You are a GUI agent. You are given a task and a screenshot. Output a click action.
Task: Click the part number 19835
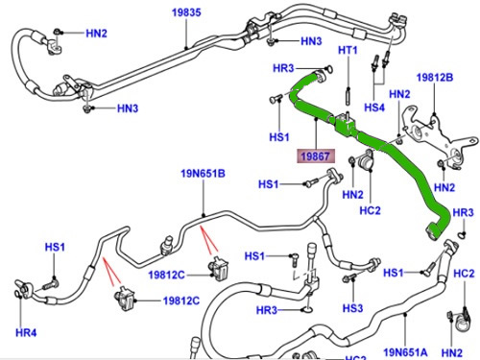tap(186, 12)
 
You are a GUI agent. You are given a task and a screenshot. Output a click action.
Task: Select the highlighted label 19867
tap(316, 156)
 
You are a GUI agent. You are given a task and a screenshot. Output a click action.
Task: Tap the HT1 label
tap(348, 50)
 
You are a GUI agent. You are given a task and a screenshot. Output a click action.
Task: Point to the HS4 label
tap(374, 108)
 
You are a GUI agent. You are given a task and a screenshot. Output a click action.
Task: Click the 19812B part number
tap(435, 77)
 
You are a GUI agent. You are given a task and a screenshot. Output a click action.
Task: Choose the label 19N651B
tap(204, 174)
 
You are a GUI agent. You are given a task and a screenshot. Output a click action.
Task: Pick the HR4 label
tap(26, 333)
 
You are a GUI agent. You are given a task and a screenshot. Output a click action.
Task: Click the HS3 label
tap(353, 308)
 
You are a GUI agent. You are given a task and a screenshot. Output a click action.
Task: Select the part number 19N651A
tap(405, 352)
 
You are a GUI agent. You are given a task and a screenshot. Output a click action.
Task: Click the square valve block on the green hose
tap(346, 124)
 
